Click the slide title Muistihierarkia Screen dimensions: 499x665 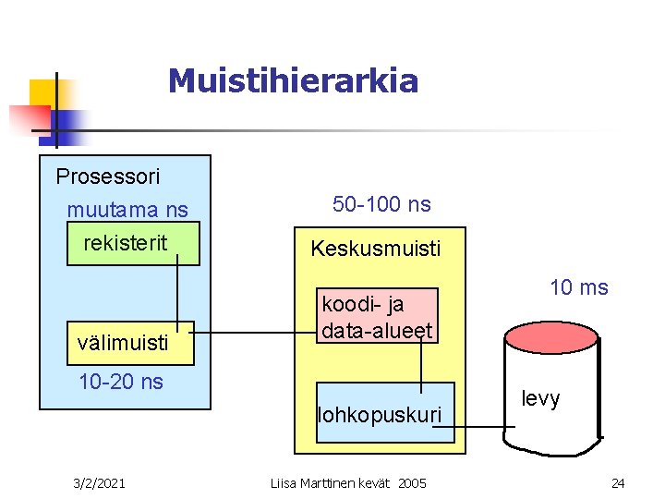tap(293, 81)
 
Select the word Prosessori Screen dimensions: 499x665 tap(108, 176)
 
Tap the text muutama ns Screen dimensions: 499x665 tap(127, 211)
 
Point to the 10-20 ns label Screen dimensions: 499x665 tap(121, 382)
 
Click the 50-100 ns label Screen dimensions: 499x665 tap(381, 204)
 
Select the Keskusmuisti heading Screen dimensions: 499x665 tap(376, 249)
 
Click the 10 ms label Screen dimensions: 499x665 tap(579, 287)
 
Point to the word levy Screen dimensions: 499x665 tap(540, 398)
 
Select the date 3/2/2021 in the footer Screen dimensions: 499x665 tap(101, 482)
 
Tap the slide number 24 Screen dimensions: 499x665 tap(618, 482)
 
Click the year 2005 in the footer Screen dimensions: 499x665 tap(412, 483)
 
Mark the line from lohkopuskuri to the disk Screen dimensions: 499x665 tap(484, 426)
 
